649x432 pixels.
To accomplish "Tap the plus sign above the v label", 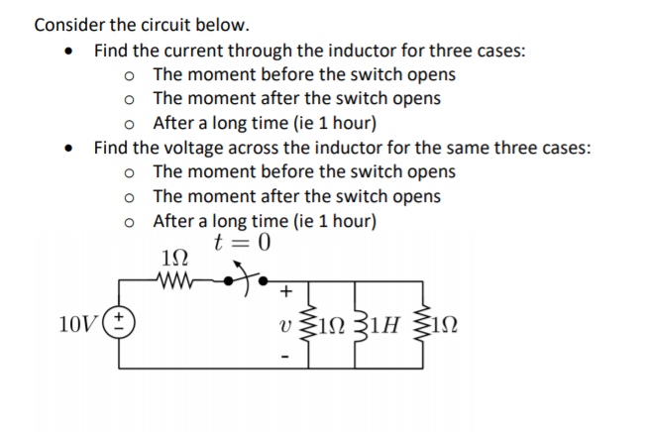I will [x=287, y=292].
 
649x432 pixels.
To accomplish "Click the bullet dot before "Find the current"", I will [x=69, y=52].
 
